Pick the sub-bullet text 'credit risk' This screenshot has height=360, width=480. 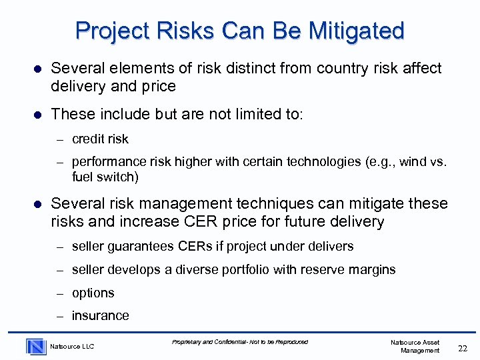coord(100,139)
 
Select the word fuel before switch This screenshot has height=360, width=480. coord(83,177)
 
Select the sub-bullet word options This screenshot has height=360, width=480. coord(93,293)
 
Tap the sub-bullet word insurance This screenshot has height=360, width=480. coord(101,316)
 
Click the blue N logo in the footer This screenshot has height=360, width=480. coord(36,346)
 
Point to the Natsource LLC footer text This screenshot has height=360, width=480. coord(73,347)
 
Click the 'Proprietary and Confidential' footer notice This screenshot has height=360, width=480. coord(240,342)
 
